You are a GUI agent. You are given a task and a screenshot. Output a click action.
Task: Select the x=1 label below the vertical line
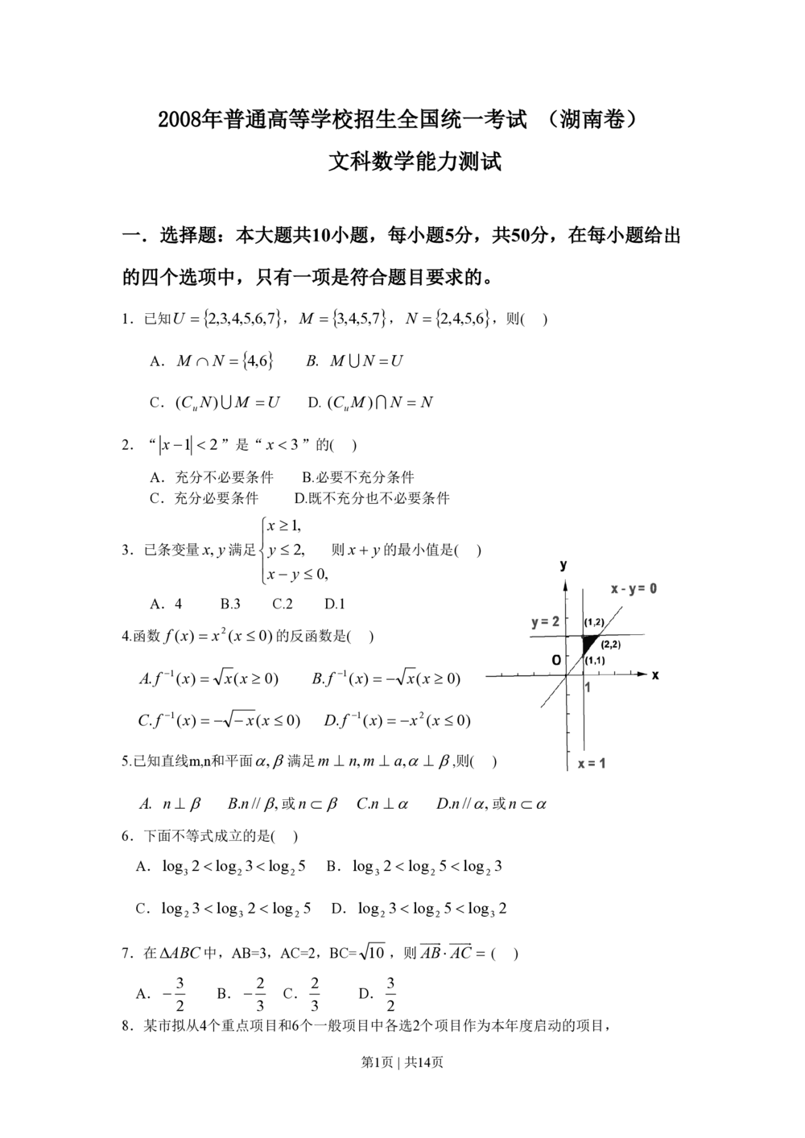click(589, 765)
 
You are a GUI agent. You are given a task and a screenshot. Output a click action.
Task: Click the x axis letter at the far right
click(656, 677)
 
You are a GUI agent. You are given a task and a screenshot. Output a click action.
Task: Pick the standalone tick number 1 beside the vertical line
click(588, 687)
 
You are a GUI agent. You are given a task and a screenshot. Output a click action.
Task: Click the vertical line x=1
click(581, 724)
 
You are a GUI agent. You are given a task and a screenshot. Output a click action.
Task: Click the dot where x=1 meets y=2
click(581, 636)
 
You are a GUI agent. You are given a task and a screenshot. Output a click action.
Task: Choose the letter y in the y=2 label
click(535, 624)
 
